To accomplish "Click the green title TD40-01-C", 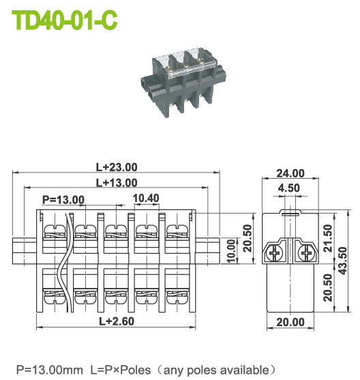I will (x=65, y=20).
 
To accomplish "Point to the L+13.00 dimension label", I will (x=116, y=182).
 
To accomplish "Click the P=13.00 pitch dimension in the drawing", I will (x=63, y=200).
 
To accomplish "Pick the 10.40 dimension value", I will (x=146, y=198).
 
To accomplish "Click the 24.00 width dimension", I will (x=290, y=174).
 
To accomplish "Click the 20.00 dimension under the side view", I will (x=289, y=323).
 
